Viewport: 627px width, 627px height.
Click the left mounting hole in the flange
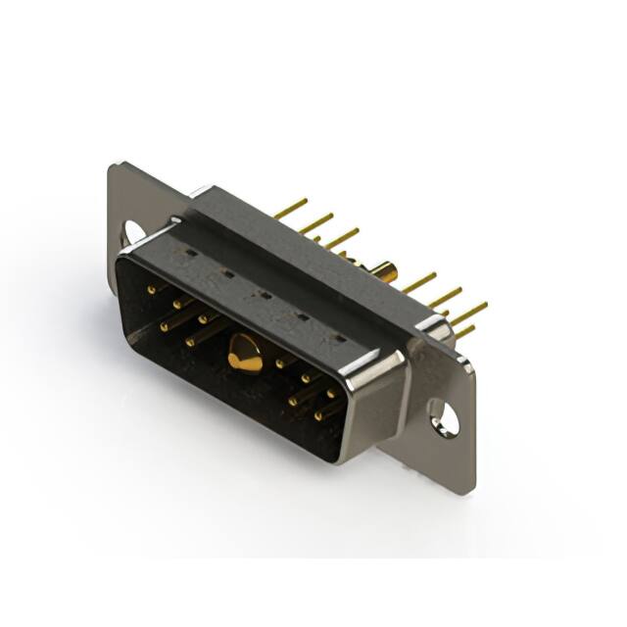[133, 232]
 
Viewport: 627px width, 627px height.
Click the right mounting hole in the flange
[445, 419]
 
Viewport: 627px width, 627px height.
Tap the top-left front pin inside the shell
[151, 289]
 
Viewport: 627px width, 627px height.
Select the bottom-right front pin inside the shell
[317, 415]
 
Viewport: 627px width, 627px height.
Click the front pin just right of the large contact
[281, 363]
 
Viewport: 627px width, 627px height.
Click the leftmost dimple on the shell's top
[185, 256]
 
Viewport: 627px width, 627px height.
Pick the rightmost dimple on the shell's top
[339, 338]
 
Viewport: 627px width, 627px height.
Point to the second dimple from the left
[225, 275]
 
